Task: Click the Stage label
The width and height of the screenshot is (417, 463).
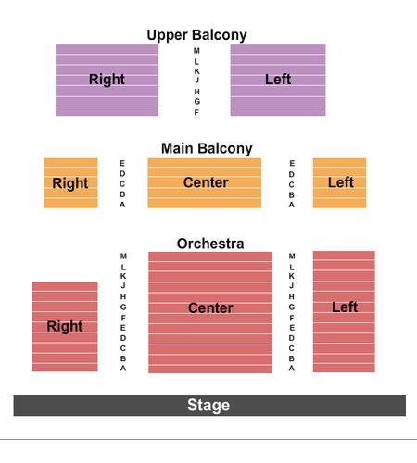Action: (208, 405)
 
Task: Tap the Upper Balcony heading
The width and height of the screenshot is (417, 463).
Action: (196, 35)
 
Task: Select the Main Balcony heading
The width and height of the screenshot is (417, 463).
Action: (207, 148)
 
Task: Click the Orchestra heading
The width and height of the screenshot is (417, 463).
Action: (210, 244)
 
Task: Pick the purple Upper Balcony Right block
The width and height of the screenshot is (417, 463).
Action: (107, 81)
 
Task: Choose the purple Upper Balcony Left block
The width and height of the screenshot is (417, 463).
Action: (278, 81)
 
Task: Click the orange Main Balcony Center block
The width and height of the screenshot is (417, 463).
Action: (205, 183)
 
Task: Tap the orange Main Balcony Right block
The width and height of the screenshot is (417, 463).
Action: (70, 183)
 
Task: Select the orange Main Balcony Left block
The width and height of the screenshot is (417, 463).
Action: (339, 183)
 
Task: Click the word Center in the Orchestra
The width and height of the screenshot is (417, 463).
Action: (210, 307)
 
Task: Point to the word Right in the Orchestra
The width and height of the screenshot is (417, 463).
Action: (65, 327)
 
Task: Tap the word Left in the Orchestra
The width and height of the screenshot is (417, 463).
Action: (345, 307)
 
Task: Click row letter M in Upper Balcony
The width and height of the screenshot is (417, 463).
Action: (196, 51)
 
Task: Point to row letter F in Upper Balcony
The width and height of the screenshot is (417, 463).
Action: (196, 112)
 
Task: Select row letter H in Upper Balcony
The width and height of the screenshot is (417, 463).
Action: (196, 92)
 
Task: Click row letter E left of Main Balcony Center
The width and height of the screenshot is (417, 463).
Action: (122, 163)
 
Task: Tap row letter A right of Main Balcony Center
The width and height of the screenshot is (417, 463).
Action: (292, 205)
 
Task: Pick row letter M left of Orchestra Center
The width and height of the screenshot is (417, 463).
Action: (123, 257)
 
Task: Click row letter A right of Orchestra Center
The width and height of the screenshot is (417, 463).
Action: (292, 369)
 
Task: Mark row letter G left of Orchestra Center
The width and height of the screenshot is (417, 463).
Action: (123, 307)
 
